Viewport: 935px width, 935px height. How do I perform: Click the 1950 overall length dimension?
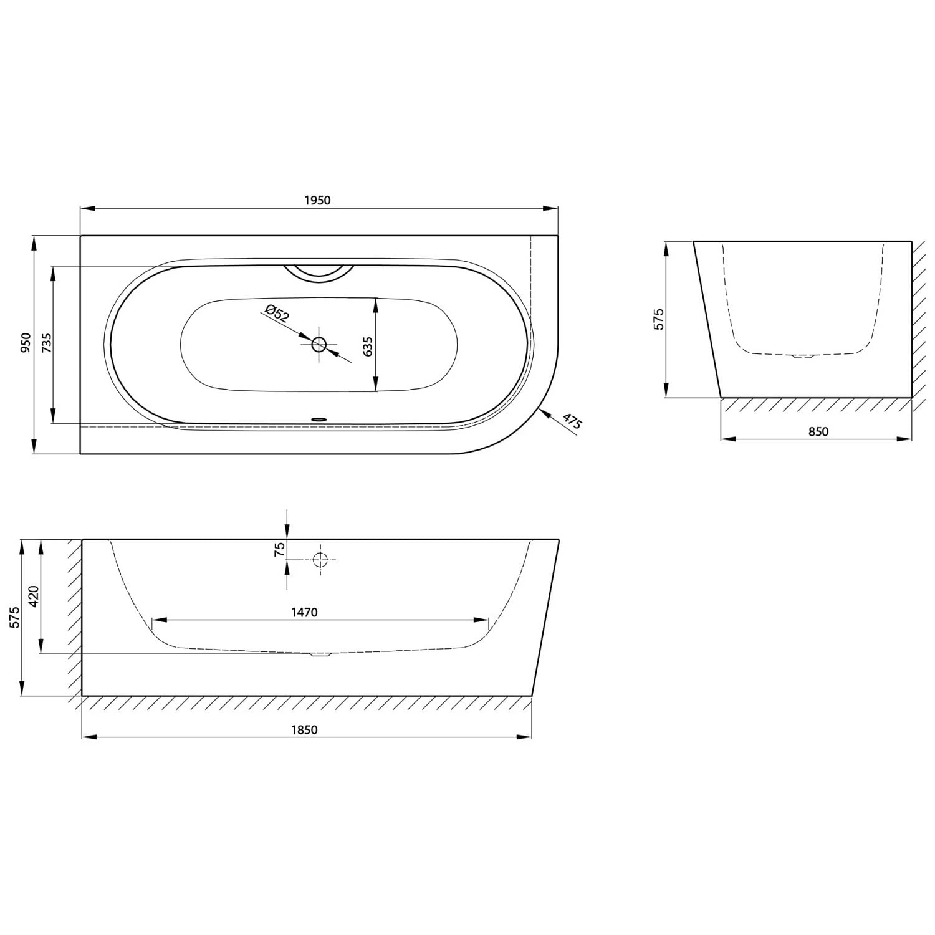[317, 200]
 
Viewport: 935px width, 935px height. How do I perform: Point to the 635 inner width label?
[368, 347]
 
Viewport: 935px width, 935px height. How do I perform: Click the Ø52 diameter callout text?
[277, 313]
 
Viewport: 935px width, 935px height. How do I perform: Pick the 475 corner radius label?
[572, 421]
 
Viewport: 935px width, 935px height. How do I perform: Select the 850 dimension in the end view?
[818, 431]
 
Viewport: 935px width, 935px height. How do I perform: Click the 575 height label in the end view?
[659, 319]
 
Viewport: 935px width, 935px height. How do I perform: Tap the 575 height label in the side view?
[15, 617]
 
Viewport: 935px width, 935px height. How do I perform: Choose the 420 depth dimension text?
[34, 597]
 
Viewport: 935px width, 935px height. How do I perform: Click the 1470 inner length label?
[304, 612]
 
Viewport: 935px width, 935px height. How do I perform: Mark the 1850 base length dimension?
[304, 730]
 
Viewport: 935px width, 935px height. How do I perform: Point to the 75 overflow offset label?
[280, 549]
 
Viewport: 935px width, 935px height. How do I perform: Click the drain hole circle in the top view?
[319, 344]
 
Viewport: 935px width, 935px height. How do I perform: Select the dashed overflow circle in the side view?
[320, 560]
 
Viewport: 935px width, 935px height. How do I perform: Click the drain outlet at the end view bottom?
[802, 357]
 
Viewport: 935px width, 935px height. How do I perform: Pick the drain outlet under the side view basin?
[320, 654]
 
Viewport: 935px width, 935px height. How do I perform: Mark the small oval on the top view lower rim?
[319, 420]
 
